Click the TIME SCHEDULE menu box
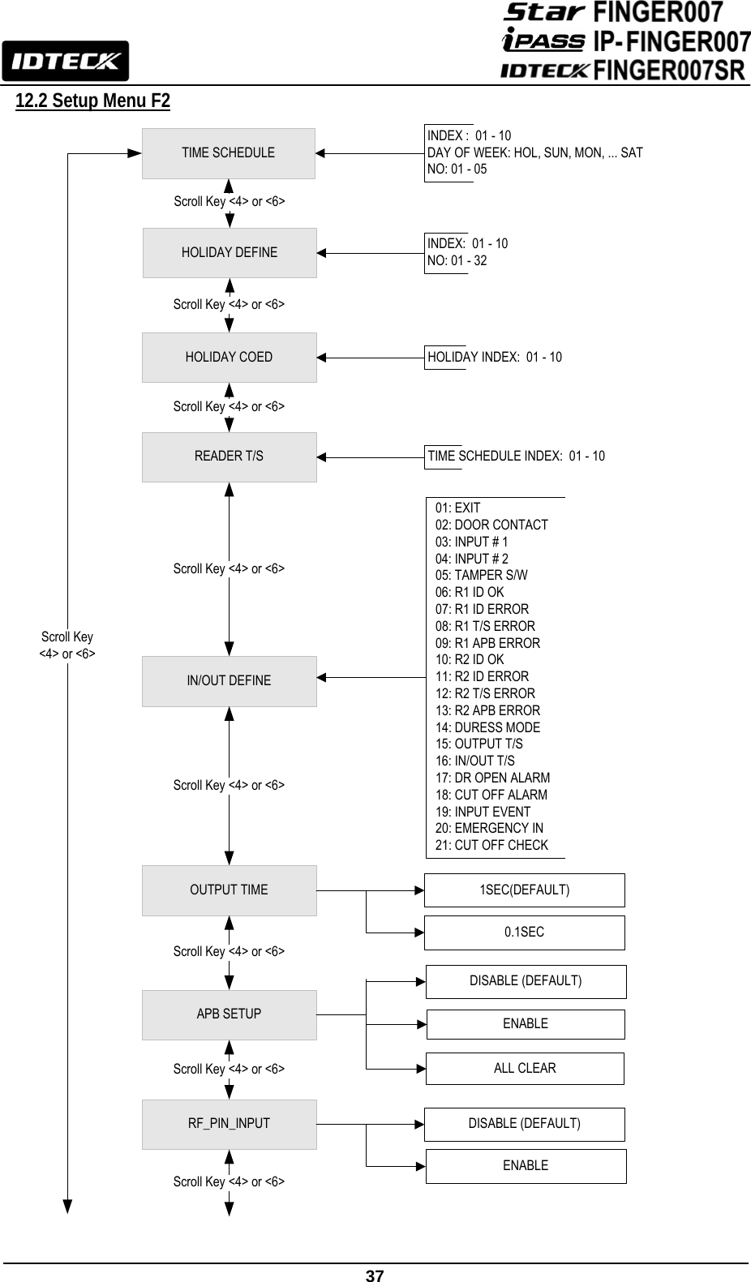[228, 153]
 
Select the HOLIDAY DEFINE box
[230, 253]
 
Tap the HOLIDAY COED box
[229, 358]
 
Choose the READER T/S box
[229, 457]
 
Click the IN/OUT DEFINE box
[229, 681]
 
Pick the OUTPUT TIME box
[229, 890]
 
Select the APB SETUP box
[229, 1014]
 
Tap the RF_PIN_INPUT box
[229, 1124]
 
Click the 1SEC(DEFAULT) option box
[524, 890]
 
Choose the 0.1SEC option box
[524, 933]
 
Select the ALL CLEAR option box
[525, 1069]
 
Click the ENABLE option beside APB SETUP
[525, 1024]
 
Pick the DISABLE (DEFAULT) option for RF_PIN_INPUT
[524, 1124]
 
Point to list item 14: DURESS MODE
[487, 727]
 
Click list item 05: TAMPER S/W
[481, 575]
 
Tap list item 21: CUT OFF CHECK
[491, 845]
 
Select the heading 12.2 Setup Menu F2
[92, 101]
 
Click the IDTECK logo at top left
[65, 61]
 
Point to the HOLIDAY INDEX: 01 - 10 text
[495, 357]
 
